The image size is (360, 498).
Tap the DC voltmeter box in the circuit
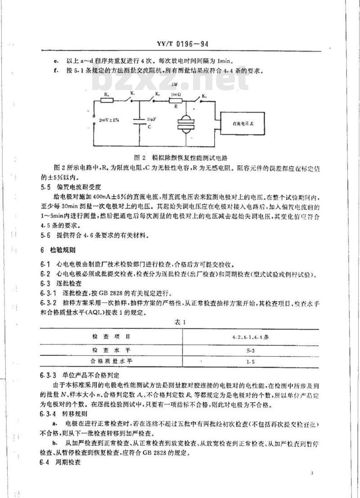click(x=242, y=122)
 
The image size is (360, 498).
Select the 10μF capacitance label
click(x=151, y=119)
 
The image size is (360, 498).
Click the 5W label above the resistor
click(x=174, y=85)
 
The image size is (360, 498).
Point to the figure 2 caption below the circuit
click(x=182, y=158)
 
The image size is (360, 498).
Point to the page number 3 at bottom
click(x=311, y=473)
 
